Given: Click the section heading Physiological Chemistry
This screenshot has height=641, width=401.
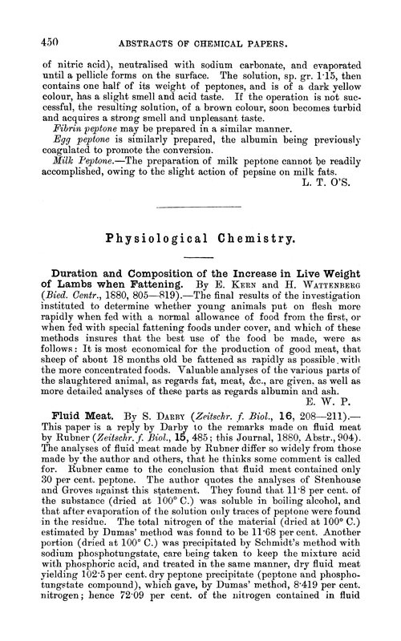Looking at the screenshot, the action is click(x=200, y=239).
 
